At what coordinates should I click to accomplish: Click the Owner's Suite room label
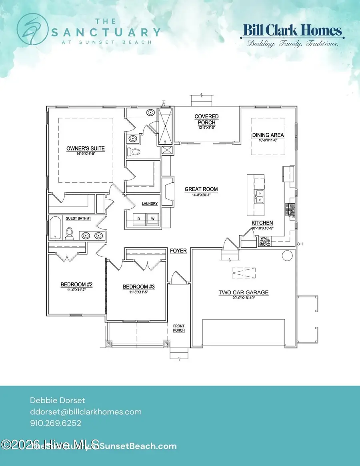point(85,149)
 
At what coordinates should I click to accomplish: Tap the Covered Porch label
point(206,119)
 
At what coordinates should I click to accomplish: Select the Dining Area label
point(268,135)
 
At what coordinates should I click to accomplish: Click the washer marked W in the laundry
point(152,219)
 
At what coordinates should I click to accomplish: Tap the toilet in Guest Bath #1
point(70,233)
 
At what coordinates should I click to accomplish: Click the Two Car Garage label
point(243,293)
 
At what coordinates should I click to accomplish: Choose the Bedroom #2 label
point(76,284)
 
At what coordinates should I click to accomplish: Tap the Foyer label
point(178,251)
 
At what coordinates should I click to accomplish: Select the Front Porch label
point(179,328)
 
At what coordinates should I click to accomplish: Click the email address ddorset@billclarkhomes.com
point(86,412)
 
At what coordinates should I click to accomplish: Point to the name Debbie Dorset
point(57,400)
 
